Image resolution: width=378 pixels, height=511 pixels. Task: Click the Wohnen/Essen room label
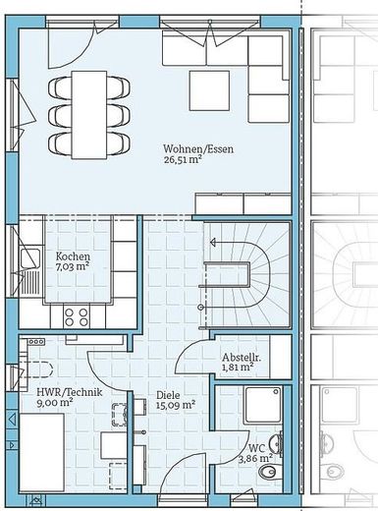pos(198,149)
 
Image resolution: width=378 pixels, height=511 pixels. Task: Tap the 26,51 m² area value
pos(182,159)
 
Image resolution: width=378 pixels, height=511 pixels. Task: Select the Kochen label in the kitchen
pos(73,256)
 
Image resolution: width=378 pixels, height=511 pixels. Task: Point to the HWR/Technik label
pos(70,392)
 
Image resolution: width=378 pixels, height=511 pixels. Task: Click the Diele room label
pos(168,395)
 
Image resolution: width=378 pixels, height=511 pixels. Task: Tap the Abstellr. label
pos(242,357)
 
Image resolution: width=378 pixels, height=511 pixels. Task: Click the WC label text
pos(257,448)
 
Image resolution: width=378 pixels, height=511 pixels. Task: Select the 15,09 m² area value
pos(176,405)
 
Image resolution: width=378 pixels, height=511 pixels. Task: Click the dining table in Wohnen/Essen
pos(89,115)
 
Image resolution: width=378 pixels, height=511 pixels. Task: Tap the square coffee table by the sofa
pos(209,91)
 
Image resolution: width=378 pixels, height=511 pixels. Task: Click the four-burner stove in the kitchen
pos(77,316)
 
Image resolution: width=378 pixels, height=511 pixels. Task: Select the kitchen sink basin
pos(30,258)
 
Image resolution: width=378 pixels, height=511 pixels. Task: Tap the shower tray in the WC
pos(263,405)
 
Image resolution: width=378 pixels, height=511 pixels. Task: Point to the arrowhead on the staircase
pos(213,243)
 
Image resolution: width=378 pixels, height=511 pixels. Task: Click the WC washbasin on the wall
pos(277,444)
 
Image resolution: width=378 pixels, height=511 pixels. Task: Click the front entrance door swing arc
pos(179,466)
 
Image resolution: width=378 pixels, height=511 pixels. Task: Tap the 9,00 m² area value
pos(55,402)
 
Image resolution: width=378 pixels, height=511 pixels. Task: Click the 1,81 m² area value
pos(238,367)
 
